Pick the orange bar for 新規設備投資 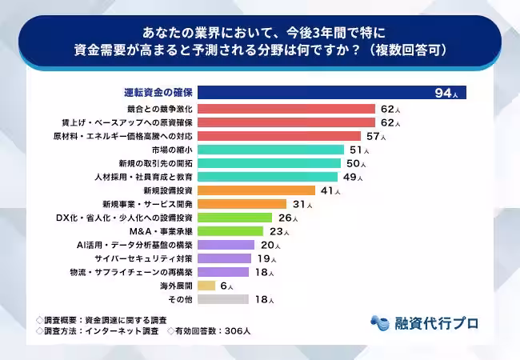click(x=255, y=190)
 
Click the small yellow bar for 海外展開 click(x=206, y=286)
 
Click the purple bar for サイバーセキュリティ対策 click(x=224, y=258)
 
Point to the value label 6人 click(x=226, y=286)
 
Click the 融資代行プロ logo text click(x=437, y=323)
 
